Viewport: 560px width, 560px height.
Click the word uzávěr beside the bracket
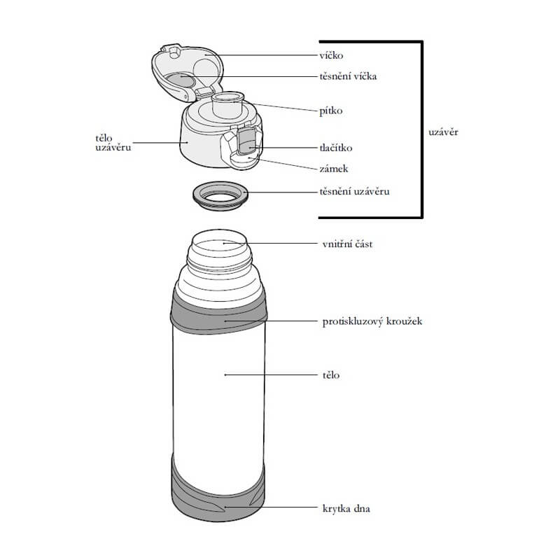[x=444, y=132]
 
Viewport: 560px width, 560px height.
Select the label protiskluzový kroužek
[x=373, y=321]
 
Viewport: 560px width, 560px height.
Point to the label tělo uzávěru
[x=113, y=143]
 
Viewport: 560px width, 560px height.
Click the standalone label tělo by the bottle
[x=331, y=375]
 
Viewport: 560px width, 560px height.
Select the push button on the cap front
[x=246, y=143]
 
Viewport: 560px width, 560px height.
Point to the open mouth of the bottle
[x=218, y=246]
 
